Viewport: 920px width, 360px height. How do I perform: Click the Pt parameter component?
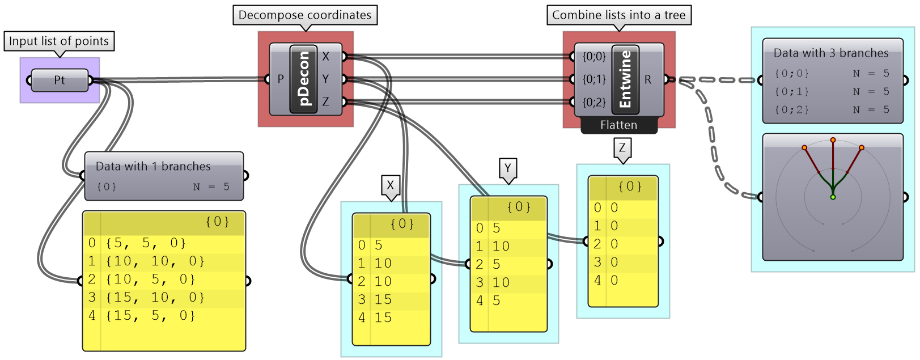click(60, 80)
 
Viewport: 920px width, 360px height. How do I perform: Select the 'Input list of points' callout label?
click(59, 41)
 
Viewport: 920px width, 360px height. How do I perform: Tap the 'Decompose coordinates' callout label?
click(305, 15)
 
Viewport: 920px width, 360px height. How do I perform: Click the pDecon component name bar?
click(304, 79)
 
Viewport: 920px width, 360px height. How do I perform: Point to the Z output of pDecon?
click(326, 102)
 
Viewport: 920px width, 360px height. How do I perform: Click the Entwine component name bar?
click(625, 79)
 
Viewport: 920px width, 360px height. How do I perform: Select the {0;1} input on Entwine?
click(594, 79)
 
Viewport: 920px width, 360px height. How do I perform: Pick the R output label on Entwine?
click(648, 79)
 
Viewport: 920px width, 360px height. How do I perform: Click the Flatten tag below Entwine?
click(618, 125)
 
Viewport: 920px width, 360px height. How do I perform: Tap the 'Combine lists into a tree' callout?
click(618, 15)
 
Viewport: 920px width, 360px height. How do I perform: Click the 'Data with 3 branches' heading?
click(831, 53)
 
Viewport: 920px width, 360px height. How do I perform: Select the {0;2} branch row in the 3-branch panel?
click(832, 109)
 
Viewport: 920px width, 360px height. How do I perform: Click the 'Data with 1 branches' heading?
click(153, 166)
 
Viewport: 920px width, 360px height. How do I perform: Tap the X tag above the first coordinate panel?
click(390, 185)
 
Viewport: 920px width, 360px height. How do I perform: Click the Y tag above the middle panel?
click(508, 168)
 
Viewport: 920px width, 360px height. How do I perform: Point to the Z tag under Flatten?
click(622, 148)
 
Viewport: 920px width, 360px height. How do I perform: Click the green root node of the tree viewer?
click(833, 197)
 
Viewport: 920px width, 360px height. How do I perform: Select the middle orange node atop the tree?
click(833, 139)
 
